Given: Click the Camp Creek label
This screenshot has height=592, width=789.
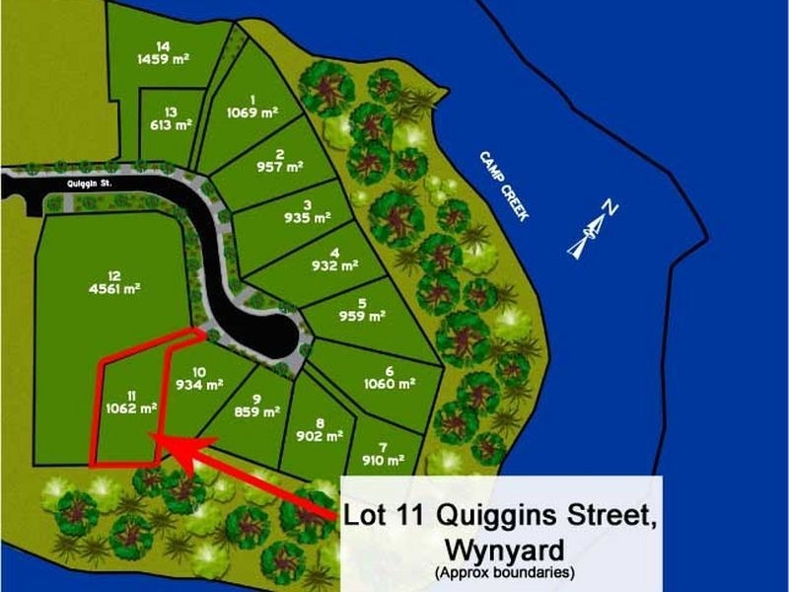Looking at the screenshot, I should click(x=502, y=185).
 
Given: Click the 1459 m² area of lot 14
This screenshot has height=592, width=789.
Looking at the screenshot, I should click(x=163, y=58).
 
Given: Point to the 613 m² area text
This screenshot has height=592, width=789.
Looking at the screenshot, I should click(x=171, y=125).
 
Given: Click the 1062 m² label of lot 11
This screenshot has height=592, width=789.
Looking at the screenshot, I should click(x=133, y=406).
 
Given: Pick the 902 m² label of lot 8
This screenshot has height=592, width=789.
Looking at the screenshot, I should click(x=320, y=434).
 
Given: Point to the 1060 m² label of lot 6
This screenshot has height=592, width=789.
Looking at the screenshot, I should click(x=390, y=384).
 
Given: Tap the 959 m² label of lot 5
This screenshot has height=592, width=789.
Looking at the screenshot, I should click(x=362, y=316).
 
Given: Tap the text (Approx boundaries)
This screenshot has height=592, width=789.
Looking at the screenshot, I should click(x=504, y=571).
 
